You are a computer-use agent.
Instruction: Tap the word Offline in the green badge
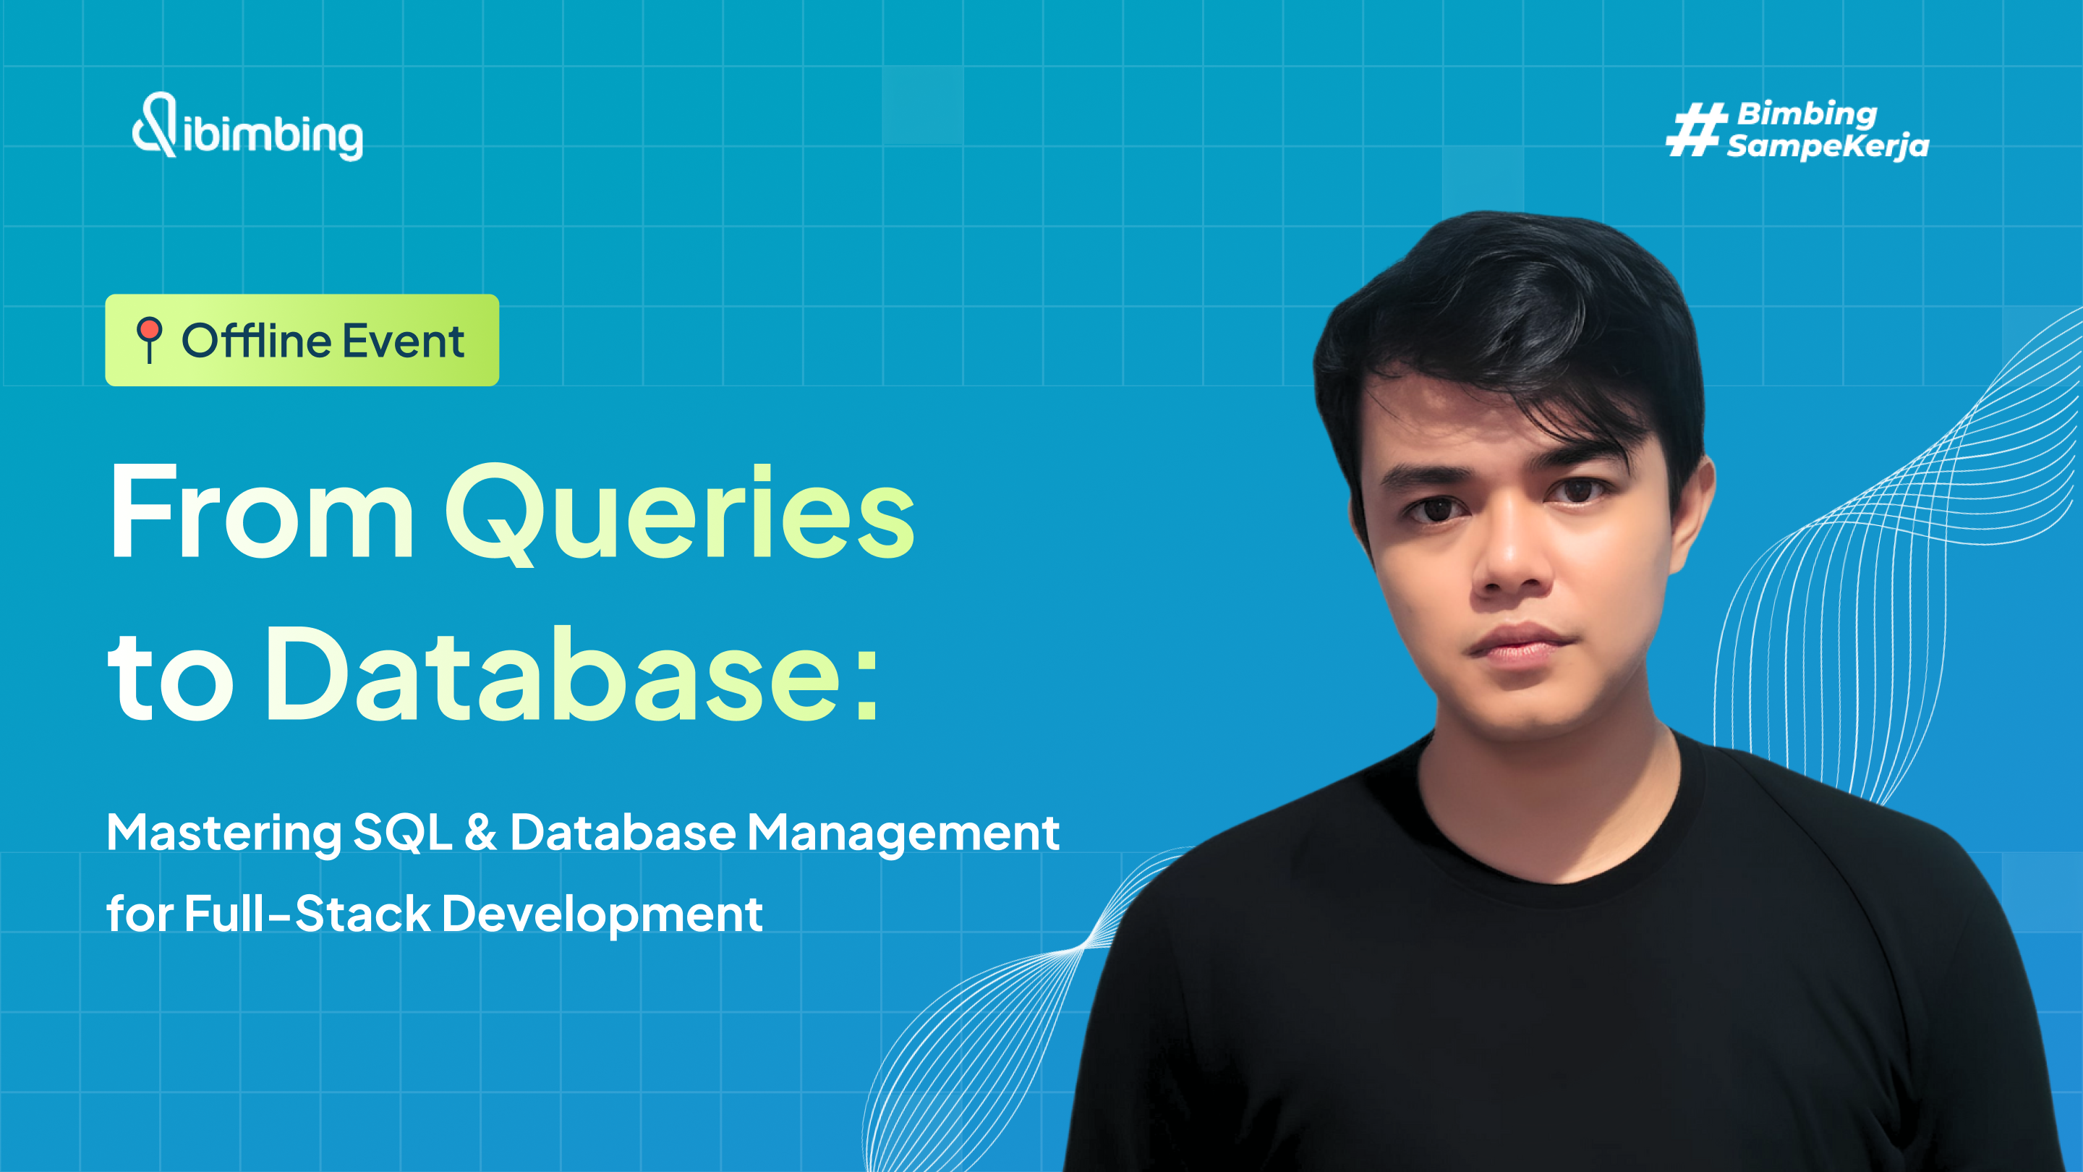[x=255, y=341]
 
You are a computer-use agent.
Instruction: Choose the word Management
[x=903, y=834]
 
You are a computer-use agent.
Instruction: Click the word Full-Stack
[x=307, y=914]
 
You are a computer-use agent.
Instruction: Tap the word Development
[x=602, y=914]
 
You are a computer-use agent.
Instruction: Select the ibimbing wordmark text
[x=273, y=136]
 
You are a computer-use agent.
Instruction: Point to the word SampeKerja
[x=1828, y=146]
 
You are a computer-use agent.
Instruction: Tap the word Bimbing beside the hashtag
[x=1807, y=114]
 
